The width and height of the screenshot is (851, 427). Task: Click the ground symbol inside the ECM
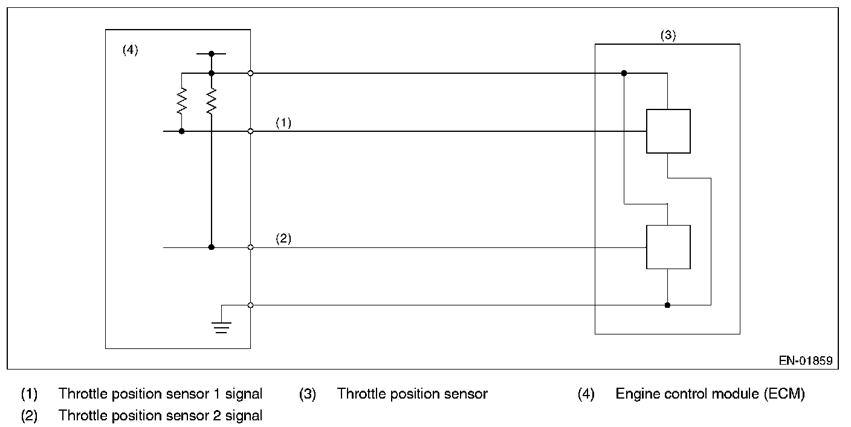coord(221,327)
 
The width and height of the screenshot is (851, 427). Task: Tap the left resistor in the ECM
coord(181,101)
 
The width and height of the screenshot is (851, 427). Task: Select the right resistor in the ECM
coord(211,101)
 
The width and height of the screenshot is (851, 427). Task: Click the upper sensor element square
coord(668,131)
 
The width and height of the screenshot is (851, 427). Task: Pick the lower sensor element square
coord(668,247)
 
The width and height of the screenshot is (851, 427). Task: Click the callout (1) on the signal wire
coord(283,122)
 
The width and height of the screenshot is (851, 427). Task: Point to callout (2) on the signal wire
coord(283,238)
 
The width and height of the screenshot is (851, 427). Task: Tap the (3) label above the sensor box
coord(668,35)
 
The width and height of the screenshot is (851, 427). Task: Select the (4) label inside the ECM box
coord(131,50)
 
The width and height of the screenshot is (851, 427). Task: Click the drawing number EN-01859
coord(806,360)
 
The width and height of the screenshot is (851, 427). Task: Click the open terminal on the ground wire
coord(250,305)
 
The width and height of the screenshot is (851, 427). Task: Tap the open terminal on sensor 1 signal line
coord(250,131)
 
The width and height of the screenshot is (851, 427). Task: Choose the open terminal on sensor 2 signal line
coord(250,247)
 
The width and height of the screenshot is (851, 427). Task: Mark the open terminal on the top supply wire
coord(250,73)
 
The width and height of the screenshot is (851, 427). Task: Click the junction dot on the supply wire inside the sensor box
coord(624,73)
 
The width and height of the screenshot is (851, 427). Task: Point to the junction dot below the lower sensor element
coord(667,305)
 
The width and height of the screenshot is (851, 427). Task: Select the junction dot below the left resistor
coord(181,131)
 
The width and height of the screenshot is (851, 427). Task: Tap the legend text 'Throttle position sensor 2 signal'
coord(160,416)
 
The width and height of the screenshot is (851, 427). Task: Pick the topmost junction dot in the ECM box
coord(211,54)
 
